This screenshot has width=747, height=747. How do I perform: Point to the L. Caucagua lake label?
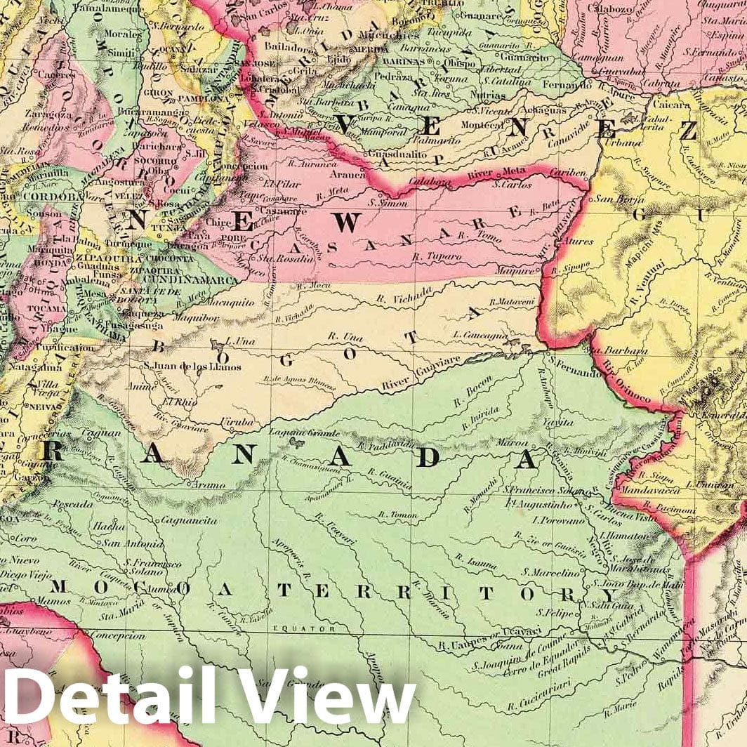click(x=480, y=336)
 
